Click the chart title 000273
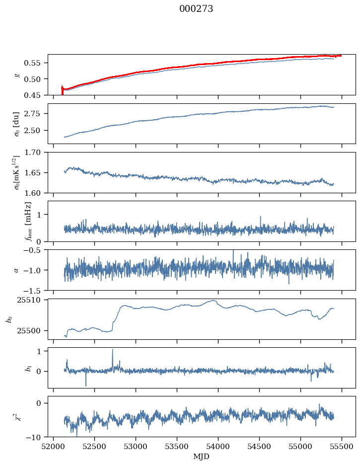(x=196, y=9)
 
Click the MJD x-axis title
(x=201, y=457)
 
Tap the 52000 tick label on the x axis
(x=54, y=447)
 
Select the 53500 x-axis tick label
(x=177, y=447)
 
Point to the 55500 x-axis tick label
(x=342, y=447)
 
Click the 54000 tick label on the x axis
(x=218, y=447)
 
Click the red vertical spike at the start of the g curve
(x=62, y=90)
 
